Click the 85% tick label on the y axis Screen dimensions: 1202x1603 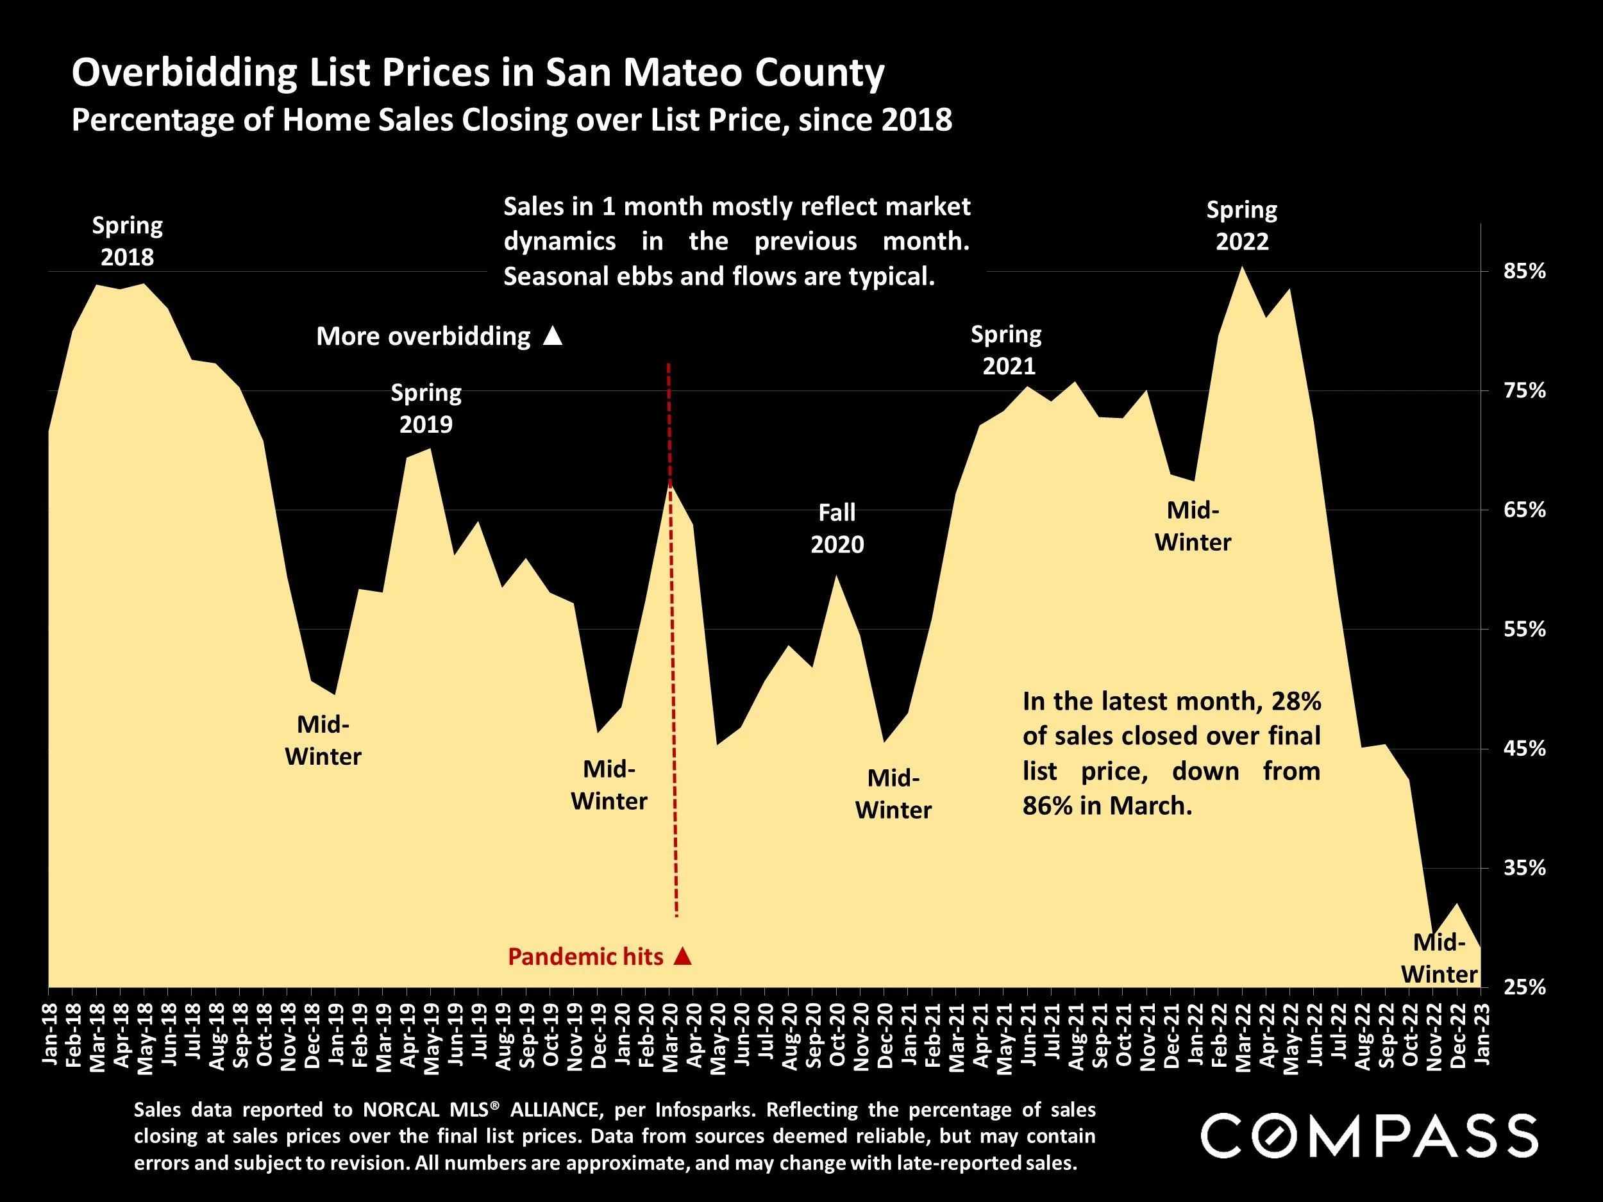pyautogui.click(x=1525, y=272)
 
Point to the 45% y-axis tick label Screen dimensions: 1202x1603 pyautogui.click(x=1525, y=748)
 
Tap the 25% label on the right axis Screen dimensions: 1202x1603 pyautogui.click(x=1525, y=987)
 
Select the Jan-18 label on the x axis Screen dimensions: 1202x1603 pyautogui.click(x=50, y=1035)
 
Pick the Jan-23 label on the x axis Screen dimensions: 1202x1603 pyautogui.click(x=1482, y=1035)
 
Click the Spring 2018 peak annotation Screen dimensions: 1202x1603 pyautogui.click(x=128, y=241)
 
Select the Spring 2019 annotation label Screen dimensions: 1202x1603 pyautogui.click(x=426, y=408)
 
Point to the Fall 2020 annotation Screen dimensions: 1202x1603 pyautogui.click(x=837, y=528)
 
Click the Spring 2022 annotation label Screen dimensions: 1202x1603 pyautogui.click(x=1241, y=225)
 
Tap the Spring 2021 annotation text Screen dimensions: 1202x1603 pyautogui.click(x=1007, y=350)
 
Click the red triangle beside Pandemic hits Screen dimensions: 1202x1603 pyautogui.click(x=682, y=956)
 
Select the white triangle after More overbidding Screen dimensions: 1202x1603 pyautogui.click(x=553, y=336)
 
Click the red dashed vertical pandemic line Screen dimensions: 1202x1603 pyautogui.click(x=673, y=652)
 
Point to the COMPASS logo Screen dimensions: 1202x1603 pyautogui.click(x=1370, y=1135)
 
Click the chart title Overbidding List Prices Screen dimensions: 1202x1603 pyautogui.click(x=478, y=72)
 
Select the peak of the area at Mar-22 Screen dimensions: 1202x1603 pyautogui.click(x=1242, y=267)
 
